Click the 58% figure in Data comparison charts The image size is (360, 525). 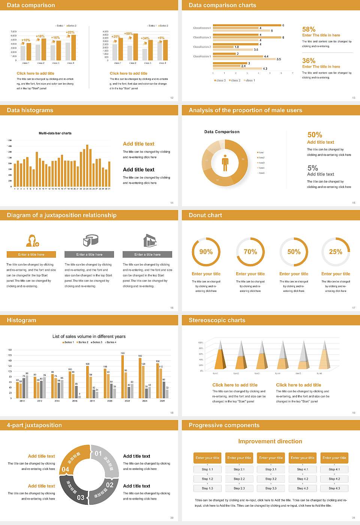309,29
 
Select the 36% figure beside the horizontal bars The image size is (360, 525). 309,61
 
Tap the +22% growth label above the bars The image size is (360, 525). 70,32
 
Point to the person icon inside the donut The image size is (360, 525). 225,162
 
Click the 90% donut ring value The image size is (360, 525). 206,252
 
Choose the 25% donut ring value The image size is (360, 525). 336,252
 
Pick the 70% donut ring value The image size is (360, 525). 250,252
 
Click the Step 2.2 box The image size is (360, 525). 239,479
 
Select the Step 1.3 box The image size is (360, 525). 207,488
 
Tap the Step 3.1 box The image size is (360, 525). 271,469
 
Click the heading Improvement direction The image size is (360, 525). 270,441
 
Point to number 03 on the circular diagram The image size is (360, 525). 81,498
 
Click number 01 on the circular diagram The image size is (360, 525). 98,453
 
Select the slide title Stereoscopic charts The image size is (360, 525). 217,320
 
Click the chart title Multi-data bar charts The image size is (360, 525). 55,133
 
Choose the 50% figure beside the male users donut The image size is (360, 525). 315,135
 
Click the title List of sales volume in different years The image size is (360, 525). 89,336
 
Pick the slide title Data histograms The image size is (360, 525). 30,110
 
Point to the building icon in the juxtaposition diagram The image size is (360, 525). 150,240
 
